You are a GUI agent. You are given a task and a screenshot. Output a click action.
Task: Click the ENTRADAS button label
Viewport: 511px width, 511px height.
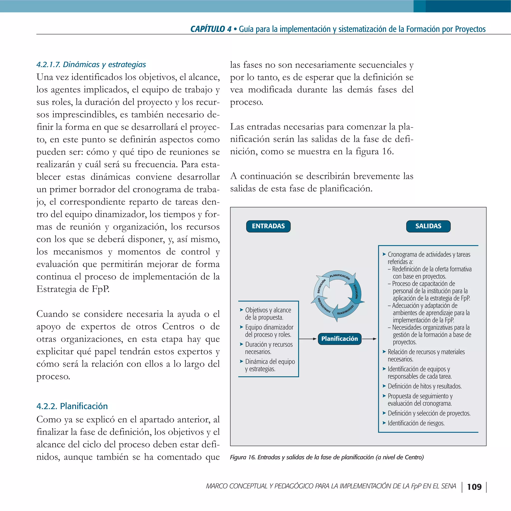coord(268,226)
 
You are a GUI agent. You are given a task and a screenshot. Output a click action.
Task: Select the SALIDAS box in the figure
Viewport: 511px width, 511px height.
coord(428,226)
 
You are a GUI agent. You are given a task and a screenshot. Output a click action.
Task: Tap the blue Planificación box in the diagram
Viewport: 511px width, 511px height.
coord(339,339)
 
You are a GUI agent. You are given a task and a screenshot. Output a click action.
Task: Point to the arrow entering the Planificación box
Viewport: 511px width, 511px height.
coord(308,339)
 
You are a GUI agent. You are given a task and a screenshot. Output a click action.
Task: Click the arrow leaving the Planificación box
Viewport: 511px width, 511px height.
coord(369,339)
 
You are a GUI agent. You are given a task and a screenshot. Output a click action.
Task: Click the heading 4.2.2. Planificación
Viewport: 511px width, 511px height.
coord(72,406)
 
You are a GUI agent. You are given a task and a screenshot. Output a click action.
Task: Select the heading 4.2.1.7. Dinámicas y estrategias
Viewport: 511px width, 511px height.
coord(91,65)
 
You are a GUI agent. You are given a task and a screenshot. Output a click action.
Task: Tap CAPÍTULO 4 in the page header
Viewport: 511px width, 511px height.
coord(211,29)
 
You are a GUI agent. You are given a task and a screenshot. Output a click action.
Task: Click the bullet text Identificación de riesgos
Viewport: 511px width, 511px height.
coord(416,423)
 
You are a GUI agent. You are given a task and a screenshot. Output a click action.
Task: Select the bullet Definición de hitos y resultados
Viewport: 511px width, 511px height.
coord(424,386)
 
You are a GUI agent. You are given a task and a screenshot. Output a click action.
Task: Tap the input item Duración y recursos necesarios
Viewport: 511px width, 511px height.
coord(268,348)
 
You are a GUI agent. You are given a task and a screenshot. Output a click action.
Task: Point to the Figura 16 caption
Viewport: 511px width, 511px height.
coord(327,457)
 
